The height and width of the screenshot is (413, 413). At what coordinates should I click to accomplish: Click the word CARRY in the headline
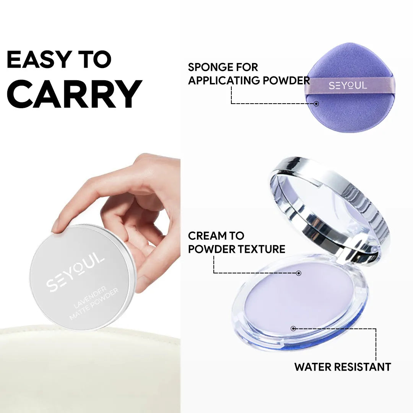[75, 94]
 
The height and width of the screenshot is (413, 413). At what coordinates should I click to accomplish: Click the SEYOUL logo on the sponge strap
[348, 86]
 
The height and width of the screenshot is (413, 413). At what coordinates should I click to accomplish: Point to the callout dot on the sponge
[316, 104]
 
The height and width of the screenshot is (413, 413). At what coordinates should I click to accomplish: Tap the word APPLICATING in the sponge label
[224, 81]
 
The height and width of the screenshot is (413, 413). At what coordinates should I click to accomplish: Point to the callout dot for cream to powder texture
[299, 273]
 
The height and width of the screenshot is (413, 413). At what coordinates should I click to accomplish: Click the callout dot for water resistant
[293, 328]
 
